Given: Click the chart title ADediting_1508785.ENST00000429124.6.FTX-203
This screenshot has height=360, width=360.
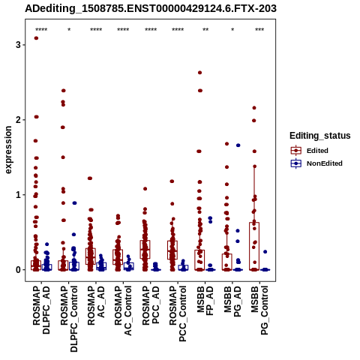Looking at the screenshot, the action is click(151, 8).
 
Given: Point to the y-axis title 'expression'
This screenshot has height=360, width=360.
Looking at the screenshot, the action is click(8, 150).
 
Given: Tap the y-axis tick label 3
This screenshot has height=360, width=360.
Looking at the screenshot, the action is click(18, 45).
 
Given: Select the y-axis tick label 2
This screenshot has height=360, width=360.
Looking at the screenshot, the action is click(18, 120).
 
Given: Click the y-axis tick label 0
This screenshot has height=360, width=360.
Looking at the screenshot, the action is click(18, 270).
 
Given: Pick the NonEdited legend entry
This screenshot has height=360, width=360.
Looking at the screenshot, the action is click(316, 163).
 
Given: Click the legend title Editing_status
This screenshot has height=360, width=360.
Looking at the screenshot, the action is click(320, 136).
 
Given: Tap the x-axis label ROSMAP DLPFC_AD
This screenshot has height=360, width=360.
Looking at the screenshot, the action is click(41, 310).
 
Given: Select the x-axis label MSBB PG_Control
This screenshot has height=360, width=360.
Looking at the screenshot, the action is click(259, 310).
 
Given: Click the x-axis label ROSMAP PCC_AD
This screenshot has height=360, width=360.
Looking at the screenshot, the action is click(151, 305).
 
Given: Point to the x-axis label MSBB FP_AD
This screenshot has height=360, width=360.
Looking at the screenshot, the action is click(205, 301).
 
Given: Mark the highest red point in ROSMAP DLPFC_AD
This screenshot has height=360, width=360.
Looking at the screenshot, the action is click(36, 38).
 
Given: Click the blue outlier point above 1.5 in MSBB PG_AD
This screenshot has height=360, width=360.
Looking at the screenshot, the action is click(238, 145).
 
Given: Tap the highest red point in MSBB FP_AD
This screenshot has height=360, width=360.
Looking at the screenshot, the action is click(199, 73).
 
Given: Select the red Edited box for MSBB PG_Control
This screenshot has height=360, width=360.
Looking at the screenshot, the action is click(254, 246).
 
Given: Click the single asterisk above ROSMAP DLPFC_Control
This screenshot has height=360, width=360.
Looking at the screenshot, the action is click(69, 30).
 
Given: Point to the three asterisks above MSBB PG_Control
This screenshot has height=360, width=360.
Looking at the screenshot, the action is click(259, 30).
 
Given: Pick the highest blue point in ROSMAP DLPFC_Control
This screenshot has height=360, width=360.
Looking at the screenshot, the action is click(74, 203).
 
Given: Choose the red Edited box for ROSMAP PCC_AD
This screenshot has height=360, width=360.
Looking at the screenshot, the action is click(145, 250).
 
